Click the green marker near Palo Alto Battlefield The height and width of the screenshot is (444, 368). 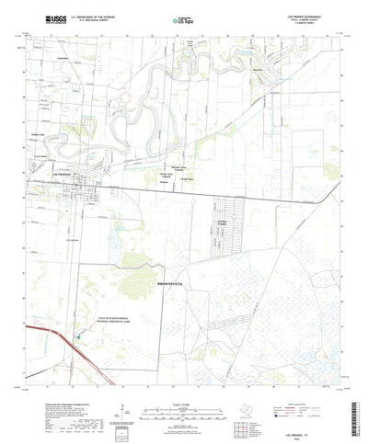point(78,336)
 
